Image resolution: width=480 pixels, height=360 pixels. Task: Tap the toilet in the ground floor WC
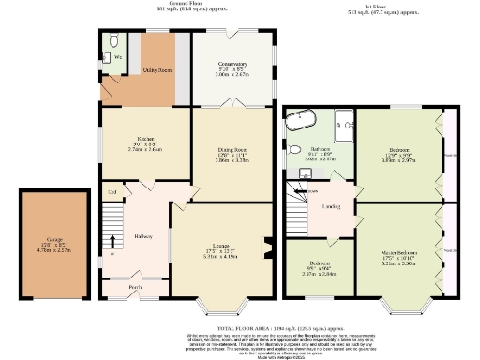click(x=113, y=41)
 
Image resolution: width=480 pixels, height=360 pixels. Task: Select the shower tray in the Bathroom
click(x=342, y=120)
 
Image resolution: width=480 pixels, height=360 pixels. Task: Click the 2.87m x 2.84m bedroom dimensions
click(x=318, y=275)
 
